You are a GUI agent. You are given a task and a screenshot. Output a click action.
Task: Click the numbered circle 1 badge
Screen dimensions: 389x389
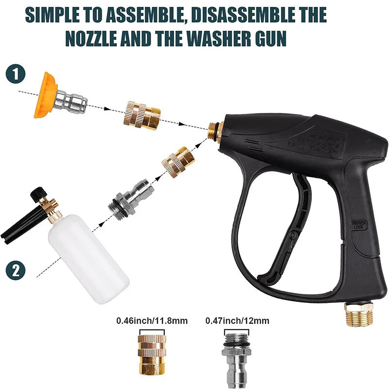tap(16, 75)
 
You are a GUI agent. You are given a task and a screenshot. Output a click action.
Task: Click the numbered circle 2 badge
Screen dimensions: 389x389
tap(16, 269)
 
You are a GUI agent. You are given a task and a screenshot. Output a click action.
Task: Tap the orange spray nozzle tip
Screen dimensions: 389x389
tap(44, 94)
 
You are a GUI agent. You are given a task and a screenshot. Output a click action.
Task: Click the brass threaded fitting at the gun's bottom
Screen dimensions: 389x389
tap(358, 314)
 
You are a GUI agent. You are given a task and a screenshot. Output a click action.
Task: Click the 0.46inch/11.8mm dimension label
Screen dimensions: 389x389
tap(152, 321)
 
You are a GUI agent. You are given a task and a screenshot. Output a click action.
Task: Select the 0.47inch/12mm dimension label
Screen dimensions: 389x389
tap(237, 321)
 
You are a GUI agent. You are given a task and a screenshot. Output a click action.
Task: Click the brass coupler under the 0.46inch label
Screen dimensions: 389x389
tap(151, 353)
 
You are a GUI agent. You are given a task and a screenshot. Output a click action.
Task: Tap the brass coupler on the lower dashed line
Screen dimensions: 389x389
tap(178, 161)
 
